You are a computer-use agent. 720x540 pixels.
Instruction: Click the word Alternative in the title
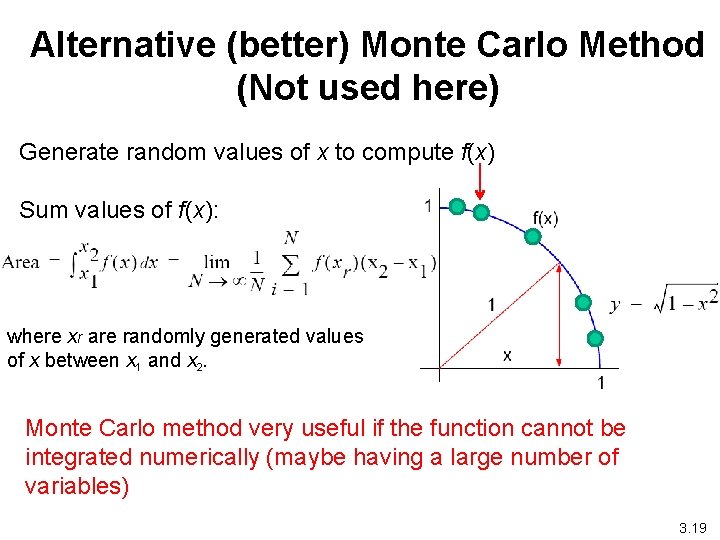coord(106,45)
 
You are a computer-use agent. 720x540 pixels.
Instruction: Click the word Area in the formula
coord(21,262)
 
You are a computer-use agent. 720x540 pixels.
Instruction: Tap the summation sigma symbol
coord(292,264)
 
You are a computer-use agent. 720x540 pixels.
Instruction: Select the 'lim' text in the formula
coord(217,262)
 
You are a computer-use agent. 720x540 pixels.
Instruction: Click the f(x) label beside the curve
coord(545,217)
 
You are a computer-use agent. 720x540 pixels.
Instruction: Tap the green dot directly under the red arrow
coord(481,212)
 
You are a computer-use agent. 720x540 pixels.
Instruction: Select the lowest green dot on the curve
coord(597,338)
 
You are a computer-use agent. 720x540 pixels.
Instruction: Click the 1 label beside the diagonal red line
coord(491,304)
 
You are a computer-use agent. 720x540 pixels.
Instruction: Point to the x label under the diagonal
coord(507,354)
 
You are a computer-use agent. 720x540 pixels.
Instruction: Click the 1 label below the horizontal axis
coord(600,383)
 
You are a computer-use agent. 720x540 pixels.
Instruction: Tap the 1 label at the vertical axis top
coord(428,206)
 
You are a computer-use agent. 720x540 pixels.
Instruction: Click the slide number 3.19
coord(691,526)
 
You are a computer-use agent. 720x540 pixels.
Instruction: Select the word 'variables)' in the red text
coord(77,487)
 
